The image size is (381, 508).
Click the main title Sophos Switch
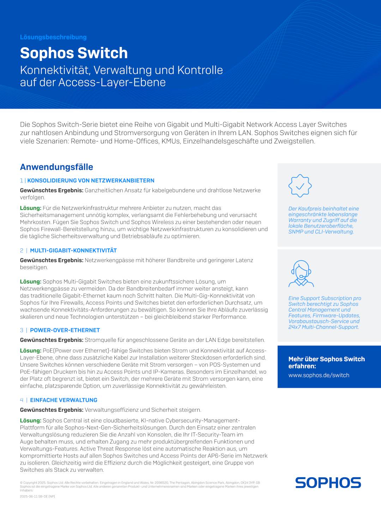[x=74, y=53]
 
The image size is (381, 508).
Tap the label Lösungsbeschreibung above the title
[x=53, y=37]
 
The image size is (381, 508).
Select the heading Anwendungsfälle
[x=56, y=167]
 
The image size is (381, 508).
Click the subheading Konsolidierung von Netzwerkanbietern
[x=91, y=181]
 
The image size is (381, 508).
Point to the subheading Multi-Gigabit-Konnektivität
[x=73, y=250]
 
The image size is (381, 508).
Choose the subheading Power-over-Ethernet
[x=65, y=330]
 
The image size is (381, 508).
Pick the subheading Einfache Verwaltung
[x=64, y=400]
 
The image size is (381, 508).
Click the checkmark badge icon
[x=300, y=186]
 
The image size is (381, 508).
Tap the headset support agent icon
[x=301, y=273]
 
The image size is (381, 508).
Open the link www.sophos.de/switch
[x=319, y=375]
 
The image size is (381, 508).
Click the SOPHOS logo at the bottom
[x=328, y=483]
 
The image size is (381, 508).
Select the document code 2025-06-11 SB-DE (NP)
[x=37, y=496]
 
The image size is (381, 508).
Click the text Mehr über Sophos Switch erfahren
[x=326, y=362]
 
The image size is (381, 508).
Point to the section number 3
[x=22, y=330]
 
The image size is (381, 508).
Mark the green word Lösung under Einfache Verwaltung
[x=30, y=421]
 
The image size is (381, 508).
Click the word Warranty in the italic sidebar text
[x=300, y=220]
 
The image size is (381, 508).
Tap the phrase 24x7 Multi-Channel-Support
[x=323, y=327]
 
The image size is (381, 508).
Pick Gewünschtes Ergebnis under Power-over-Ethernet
[x=52, y=340]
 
